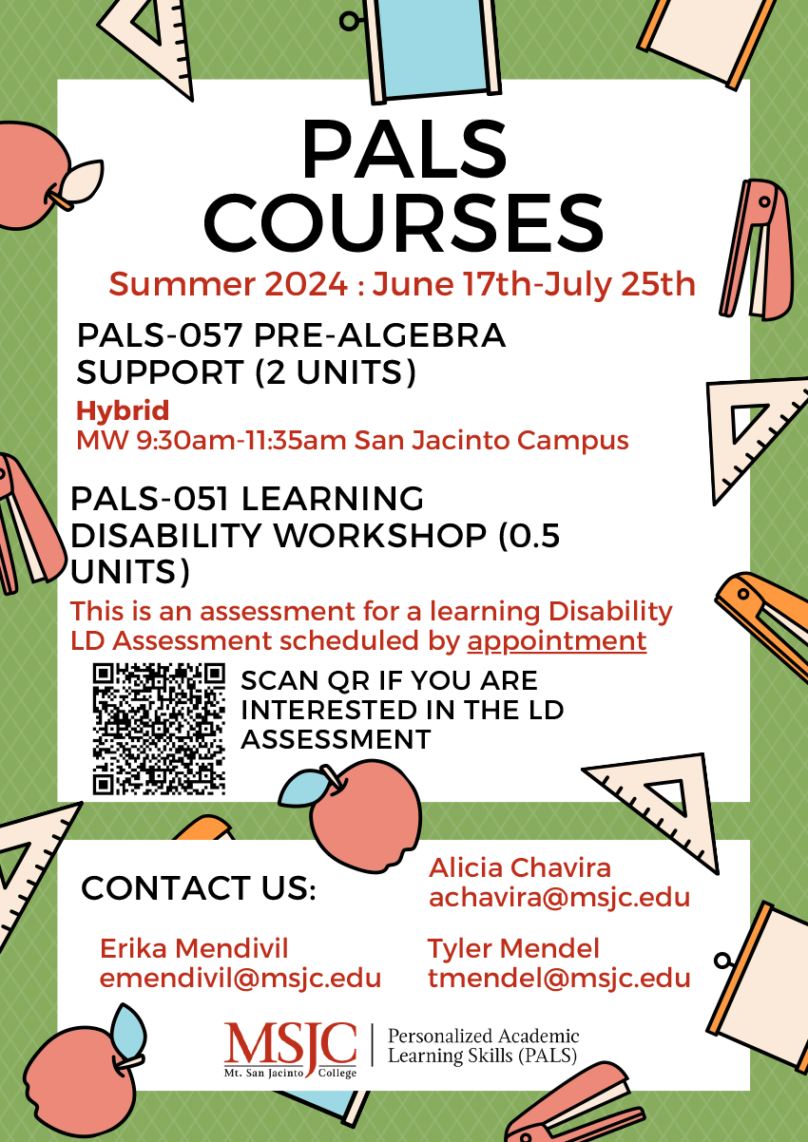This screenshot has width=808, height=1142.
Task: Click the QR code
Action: click(159, 729)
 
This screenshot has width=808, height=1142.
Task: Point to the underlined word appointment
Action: click(557, 642)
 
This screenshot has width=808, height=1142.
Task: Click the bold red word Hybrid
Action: click(123, 411)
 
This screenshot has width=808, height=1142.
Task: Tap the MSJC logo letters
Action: click(290, 1043)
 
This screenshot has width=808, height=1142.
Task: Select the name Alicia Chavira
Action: click(519, 867)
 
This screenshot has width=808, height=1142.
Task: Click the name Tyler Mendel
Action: click(513, 949)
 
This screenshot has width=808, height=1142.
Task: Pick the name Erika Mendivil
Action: click(194, 949)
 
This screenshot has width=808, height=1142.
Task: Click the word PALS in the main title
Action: click(404, 149)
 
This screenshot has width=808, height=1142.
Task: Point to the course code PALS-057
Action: click(159, 336)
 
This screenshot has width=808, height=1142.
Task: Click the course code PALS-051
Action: click(149, 499)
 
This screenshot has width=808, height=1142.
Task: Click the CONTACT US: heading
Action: click(199, 888)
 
